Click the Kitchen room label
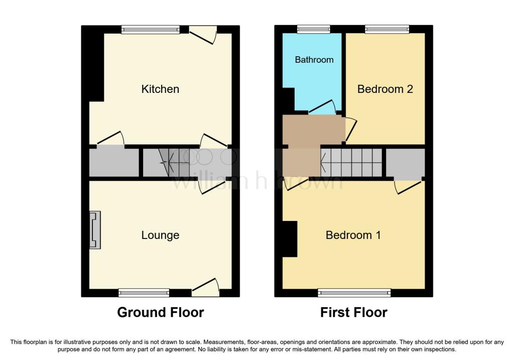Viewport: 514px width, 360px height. [x=160, y=89]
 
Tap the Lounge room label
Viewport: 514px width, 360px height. [x=160, y=235]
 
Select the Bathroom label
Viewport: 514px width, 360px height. [x=314, y=60]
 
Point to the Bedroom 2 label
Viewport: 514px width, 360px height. [x=385, y=89]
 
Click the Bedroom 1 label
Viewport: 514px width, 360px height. [x=353, y=235]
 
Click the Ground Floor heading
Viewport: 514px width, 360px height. [x=161, y=312]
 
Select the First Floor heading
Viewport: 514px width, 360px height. [x=354, y=312]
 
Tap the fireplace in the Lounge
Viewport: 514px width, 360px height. [x=95, y=230]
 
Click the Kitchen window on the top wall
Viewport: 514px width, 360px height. [x=151, y=30]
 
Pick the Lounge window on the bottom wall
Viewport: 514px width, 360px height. [x=144, y=293]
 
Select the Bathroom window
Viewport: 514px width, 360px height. [x=314, y=30]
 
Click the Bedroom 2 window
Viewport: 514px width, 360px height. [x=387, y=30]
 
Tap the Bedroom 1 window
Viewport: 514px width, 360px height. [x=354, y=293]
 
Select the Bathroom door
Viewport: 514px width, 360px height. [x=322, y=107]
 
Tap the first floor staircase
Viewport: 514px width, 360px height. [x=351, y=163]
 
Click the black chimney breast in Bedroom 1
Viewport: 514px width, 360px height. [x=290, y=238]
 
